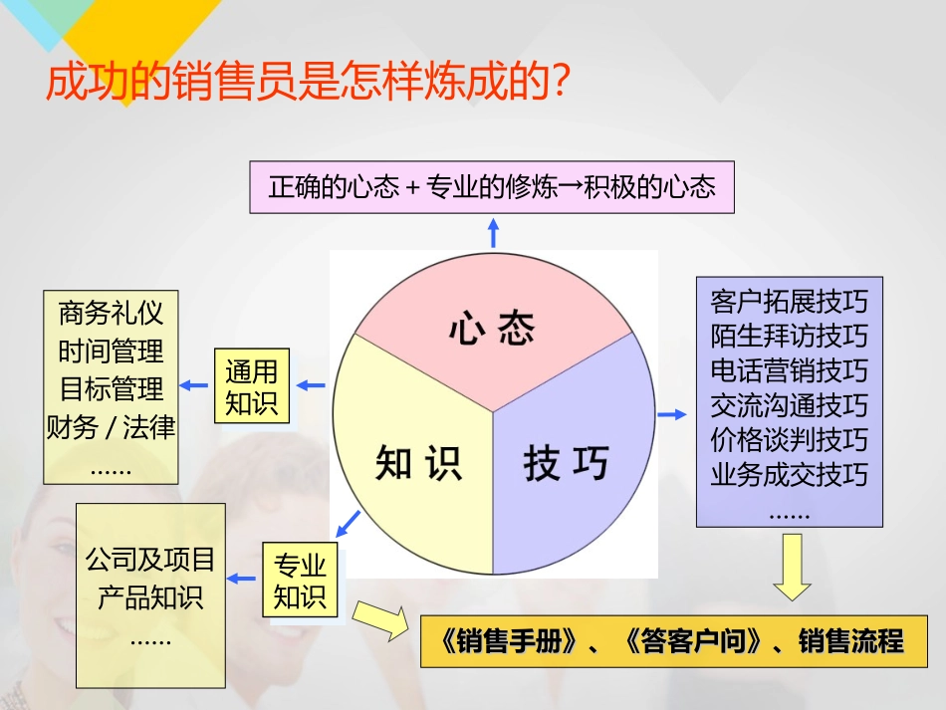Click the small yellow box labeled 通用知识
click(x=252, y=385)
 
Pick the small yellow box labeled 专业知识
click(x=300, y=580)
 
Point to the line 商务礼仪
click(x=111, y=313)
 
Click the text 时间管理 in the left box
click(x=111, y=352)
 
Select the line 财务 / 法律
click(x=111, y=427)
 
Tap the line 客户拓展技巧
click(x=789, y=302)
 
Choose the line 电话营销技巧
click(x=789, y=370)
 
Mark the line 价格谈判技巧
click(x=789, y=440)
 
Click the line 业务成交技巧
click(x=789, y=475)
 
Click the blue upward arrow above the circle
click(x=494, y=233)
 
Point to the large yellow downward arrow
click(x=792, y=567)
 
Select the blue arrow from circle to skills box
click(x=672, y=414)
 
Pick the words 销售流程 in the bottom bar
click(x=851, y=641)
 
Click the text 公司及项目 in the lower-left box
click(x=150, y=560)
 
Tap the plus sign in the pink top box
click(x=412, y=187)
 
